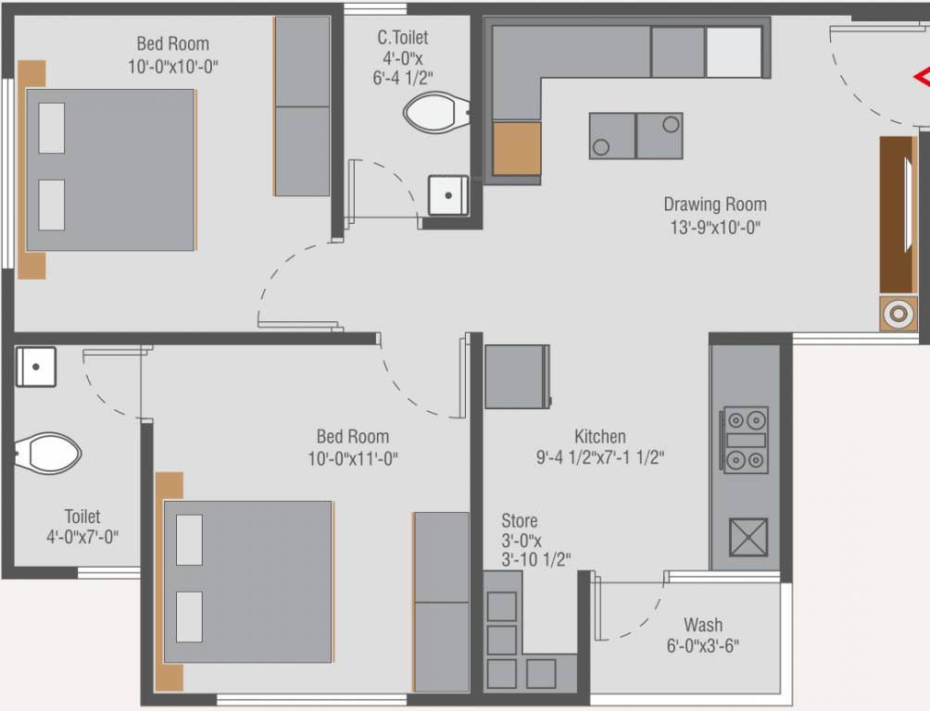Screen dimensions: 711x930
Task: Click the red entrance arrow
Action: pos(922,77)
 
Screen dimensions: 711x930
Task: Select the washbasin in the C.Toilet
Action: pos(448,195)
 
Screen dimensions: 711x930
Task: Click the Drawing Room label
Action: pos(714,205)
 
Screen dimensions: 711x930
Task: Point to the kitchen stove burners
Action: pos(745,441)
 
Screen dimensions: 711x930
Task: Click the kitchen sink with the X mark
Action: pos(748,537)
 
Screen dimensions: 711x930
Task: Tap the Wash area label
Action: pos(703,625)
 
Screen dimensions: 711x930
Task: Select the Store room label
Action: pos(519,521)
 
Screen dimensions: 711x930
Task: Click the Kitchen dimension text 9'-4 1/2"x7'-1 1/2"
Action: pos(600,457)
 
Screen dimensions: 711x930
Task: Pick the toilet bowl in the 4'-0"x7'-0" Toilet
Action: pos(47,453)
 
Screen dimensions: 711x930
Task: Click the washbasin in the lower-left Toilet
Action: pos(36,367)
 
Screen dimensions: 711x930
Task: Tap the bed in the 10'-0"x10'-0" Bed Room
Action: pos(110,170)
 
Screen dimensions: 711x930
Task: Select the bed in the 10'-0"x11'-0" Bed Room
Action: pos(247,581)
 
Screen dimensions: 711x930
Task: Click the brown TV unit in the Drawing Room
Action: pos(898,215)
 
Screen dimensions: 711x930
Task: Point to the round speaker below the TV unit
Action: pos(897,315)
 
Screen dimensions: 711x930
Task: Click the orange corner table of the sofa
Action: pos(516,148)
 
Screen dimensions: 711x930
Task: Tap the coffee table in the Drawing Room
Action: pos(635,136)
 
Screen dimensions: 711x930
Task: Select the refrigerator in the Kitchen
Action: pos(517,376)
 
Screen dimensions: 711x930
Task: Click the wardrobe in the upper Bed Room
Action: pos(302,106)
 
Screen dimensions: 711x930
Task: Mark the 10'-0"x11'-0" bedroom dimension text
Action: pos(353,457)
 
